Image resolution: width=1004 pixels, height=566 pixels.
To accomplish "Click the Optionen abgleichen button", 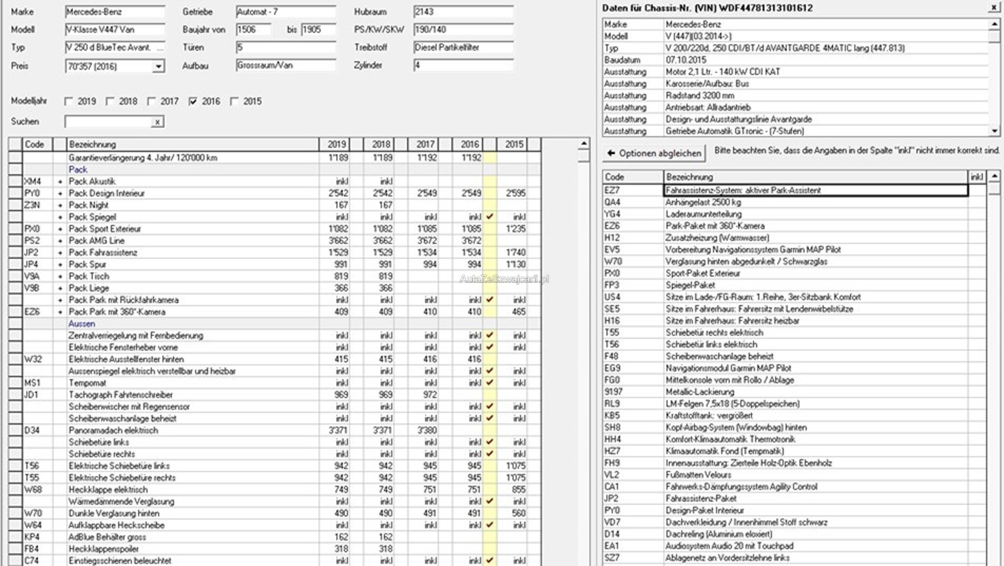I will coord(654,153).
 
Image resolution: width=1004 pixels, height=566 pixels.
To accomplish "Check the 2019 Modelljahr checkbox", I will coord(69,101).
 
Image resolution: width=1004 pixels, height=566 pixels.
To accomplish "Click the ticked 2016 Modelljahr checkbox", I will coord(193,101).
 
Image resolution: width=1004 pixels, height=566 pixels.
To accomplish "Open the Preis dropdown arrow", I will coord(158,66).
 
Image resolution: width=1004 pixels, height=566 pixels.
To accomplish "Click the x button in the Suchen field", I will coord(157,122).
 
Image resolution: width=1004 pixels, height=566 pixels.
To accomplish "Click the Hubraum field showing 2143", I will coord(462,11).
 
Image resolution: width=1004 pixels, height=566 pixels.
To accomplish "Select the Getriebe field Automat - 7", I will coord(285,11).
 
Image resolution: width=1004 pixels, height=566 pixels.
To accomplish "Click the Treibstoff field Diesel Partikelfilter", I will coord(462,47).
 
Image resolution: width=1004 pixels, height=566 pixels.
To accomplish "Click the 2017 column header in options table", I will coord(425,144).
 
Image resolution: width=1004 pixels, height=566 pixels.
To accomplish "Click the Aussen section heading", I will coord(81,324).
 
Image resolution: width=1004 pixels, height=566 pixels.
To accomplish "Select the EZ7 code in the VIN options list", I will coord(612,190).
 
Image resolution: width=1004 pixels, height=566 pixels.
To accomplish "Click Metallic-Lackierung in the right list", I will coord(700,391).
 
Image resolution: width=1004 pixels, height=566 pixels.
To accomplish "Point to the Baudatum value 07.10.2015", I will coord(686,60).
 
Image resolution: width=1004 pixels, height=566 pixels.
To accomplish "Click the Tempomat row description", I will coord(88,382).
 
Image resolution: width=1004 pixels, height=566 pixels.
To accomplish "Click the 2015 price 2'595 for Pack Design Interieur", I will coord(515,193).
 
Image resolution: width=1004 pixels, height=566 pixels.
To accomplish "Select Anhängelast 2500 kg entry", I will coord(703,202).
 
